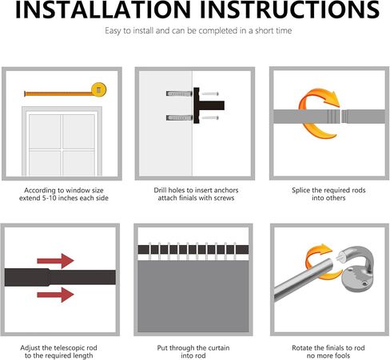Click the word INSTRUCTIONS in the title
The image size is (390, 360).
[x=285, y=11]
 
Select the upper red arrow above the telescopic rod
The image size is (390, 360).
[x=55, y=260]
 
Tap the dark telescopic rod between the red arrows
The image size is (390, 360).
[x=48, y=279]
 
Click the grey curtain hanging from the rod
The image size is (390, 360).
[x=195, y=302]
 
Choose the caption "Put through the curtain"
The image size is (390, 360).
[x=195, y=349]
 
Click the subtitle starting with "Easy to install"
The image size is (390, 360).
[x=195, y=31]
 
